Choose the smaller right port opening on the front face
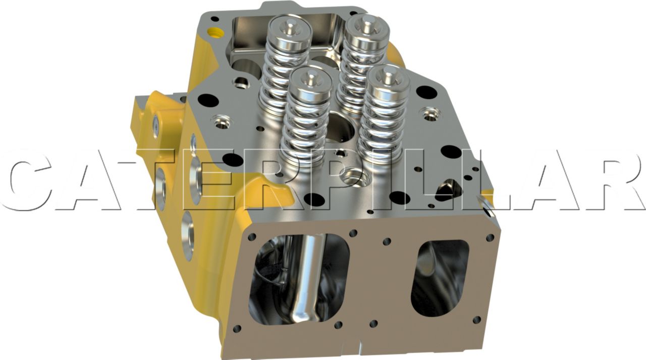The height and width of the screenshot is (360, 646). tap(440, 278)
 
